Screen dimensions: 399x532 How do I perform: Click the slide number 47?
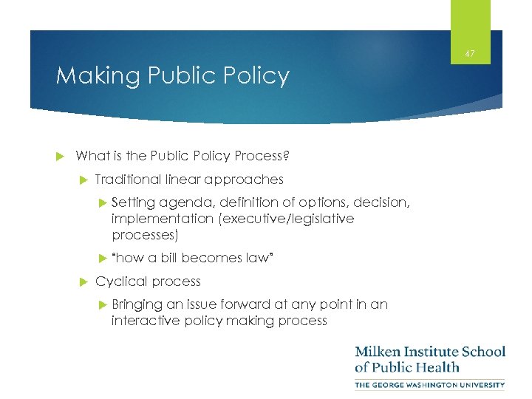point(471,52)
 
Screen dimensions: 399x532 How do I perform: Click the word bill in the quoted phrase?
point(168,258)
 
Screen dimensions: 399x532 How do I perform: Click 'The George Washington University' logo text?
point(430,385)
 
